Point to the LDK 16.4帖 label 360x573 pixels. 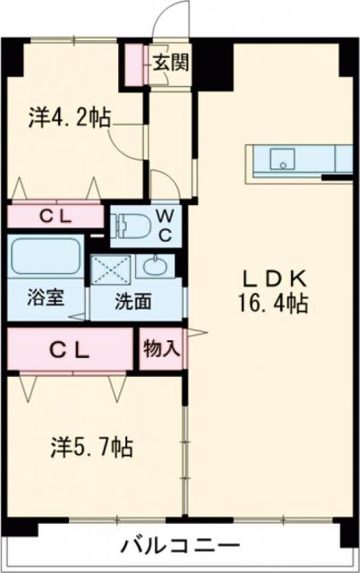pyautogui.click(x=274, y=290)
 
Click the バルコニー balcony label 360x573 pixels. pyautogui.click(x=180, y=545)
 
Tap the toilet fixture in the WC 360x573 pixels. pyautogui.click(x=131, y=225)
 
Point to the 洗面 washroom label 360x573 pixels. pyautogui.click(x=133, y=302)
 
